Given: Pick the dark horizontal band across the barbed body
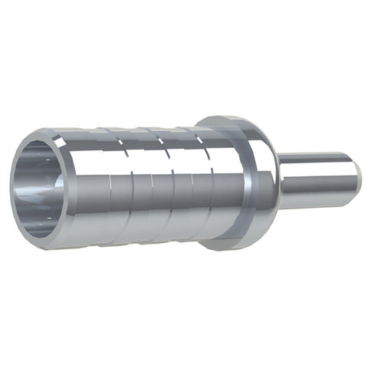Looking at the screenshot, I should (x=153, y=188).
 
